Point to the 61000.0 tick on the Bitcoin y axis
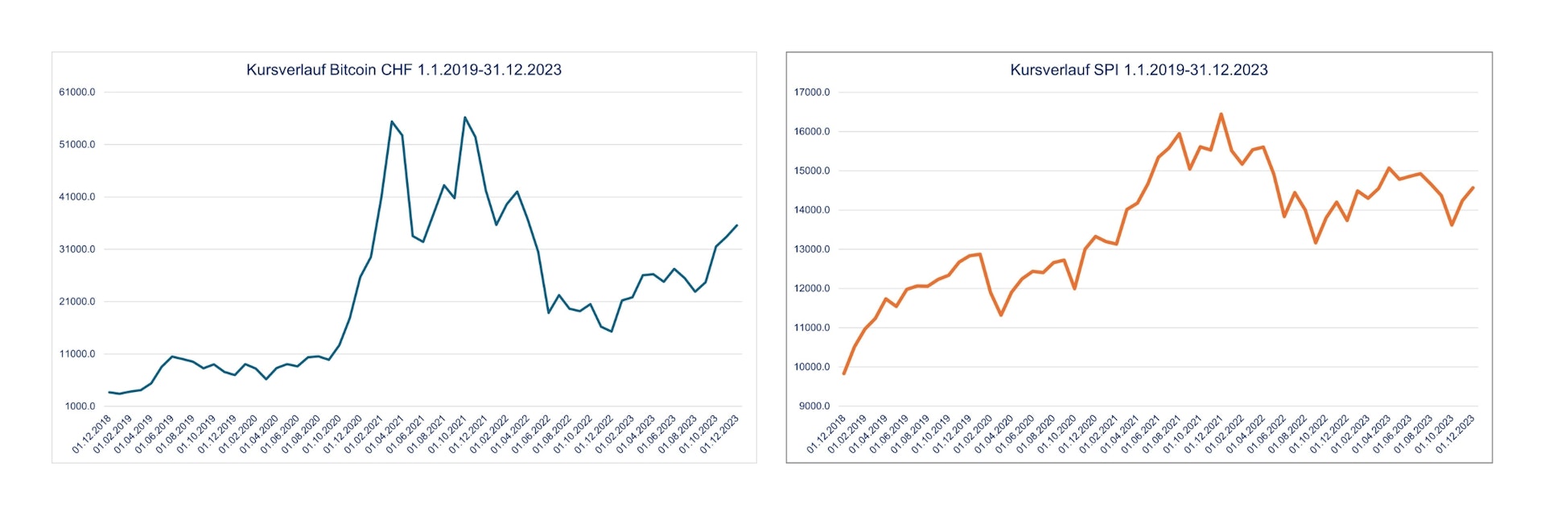(x=77, y=93)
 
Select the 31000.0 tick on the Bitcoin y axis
(x=77, y=249)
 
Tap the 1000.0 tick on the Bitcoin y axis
(x=80, y=406)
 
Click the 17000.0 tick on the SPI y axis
(x=812, y=93)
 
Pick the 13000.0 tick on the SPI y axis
(x=812, y=249)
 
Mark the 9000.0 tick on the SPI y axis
(x=814, y=406)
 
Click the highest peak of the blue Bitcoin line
(x=465, y=117)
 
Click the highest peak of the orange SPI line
(x=1221, y=114)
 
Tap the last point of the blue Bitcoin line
(x=736, y=226)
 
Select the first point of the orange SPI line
(x=844, y=373)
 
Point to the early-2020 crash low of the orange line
(x=1001, y=315)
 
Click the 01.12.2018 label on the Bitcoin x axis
(x=92, y=435)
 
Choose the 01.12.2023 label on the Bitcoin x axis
(x=719, y=435)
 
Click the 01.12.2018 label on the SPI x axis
(x=826, y=435)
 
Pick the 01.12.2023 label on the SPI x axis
(x=1455, y=435)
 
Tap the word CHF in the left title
(x=397, y=70)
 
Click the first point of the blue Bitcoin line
(x=109, y=392)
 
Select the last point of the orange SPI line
(x=1473, y=188)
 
